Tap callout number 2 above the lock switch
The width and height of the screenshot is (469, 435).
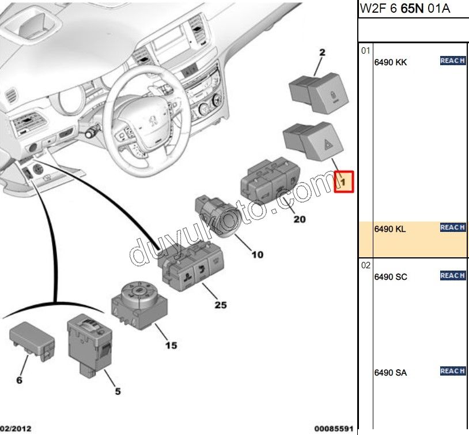click(x=322, y=52)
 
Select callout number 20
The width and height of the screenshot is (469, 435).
click(x=299, y=219)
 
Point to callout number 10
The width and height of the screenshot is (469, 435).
click(x=257, y=254)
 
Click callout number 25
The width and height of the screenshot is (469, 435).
click(x=221, y=305)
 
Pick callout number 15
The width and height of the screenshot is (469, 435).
click(x=171, y=346)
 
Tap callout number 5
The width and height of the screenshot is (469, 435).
click(x=118, y=391)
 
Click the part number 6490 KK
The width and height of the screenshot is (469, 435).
click(x=390, y=62)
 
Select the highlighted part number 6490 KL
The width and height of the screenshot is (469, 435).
click(x=390, y=229)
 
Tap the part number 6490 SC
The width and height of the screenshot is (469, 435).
click(x=390, y=277)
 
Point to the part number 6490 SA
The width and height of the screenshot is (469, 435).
click(x=390, y=373)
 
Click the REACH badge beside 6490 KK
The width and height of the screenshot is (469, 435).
click(x=452, y=61)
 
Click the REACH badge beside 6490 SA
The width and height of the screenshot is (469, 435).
click(x=452, y=371)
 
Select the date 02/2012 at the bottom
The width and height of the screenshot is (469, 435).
click(x=16, y=429)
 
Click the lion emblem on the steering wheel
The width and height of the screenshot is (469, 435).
click(x=153, y=121)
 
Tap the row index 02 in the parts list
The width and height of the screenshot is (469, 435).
click(x=365, y=266)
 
